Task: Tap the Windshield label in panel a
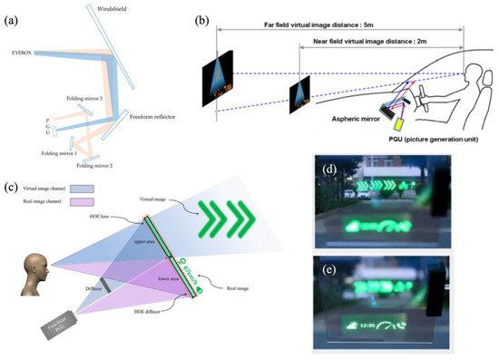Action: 113,8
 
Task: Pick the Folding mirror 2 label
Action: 95,166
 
